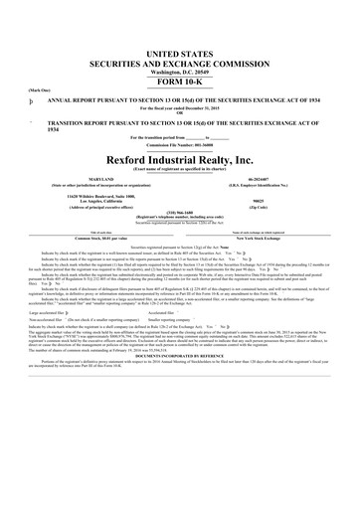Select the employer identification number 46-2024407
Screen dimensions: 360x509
coord(271,181)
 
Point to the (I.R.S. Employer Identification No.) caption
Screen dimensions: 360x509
coord(271,187)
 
